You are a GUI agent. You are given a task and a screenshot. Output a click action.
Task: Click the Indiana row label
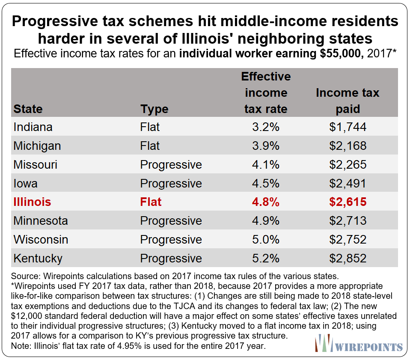pos(33,127)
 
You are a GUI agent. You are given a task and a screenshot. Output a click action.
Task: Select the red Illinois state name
pos(32,202)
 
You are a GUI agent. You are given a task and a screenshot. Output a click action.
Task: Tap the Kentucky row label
pos(38,259)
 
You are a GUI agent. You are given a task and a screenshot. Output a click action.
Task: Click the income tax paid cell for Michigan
pos(348,146)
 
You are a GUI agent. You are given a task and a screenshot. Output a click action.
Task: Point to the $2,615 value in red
pos(348,202)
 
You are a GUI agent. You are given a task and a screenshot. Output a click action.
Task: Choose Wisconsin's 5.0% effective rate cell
pos(265,240)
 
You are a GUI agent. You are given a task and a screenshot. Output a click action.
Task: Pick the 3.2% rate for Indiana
pos(265,127)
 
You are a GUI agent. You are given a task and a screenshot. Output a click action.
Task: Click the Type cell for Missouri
pos(171,165)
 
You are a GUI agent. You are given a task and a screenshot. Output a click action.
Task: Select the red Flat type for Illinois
pos(151,202)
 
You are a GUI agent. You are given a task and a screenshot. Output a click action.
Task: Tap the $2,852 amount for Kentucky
pos(348,259)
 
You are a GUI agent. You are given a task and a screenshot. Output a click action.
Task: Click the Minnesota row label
pos(41,221)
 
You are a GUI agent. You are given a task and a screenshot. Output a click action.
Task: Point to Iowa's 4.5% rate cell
pos(265,184)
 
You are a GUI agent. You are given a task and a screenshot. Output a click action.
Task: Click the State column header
pos(28,109)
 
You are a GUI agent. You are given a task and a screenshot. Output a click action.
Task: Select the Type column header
pos(154,109)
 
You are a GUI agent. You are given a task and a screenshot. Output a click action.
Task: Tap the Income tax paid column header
pos(348,101)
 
